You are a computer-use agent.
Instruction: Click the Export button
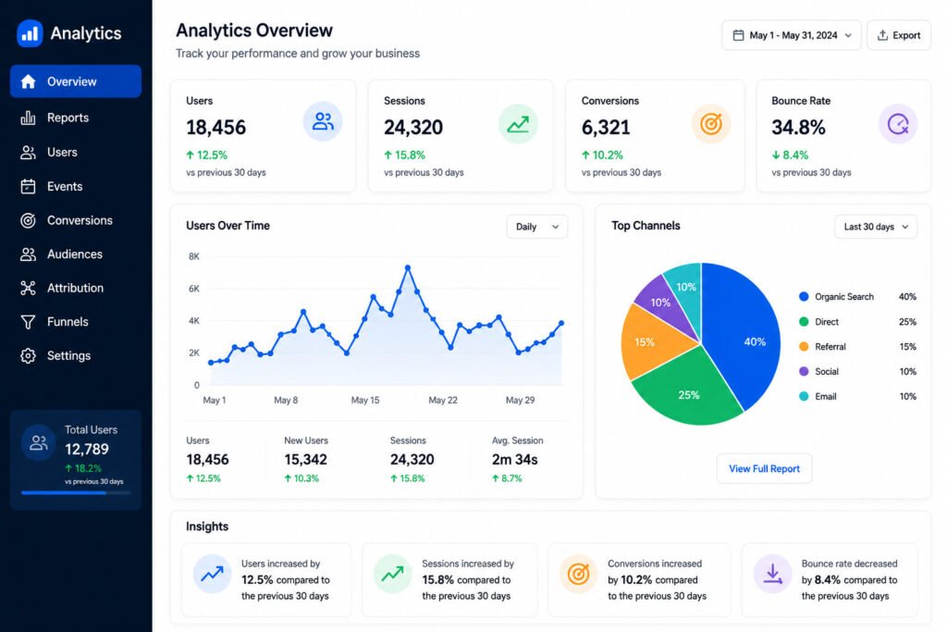tap(899, 35)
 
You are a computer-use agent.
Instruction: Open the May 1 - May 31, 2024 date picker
tap(792, 35)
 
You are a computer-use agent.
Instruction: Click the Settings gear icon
tap(28, 356)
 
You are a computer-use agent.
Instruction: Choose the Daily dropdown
tap(537, 227)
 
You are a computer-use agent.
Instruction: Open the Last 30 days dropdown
tap(876, 227)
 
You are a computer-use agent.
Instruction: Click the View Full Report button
tap(764, 468)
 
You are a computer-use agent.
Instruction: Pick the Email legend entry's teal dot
tap(804, 396)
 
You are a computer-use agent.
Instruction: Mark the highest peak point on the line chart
tap(408, 267)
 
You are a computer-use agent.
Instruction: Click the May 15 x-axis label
tap(365, 400)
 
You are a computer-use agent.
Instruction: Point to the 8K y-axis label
tap(194, 256)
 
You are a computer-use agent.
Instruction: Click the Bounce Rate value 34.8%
tap(798, 128)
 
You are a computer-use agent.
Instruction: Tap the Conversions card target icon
tap(711, 124)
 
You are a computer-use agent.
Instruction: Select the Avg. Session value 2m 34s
tap(514, 460)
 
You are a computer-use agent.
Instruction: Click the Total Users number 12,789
tap(87, 449)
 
